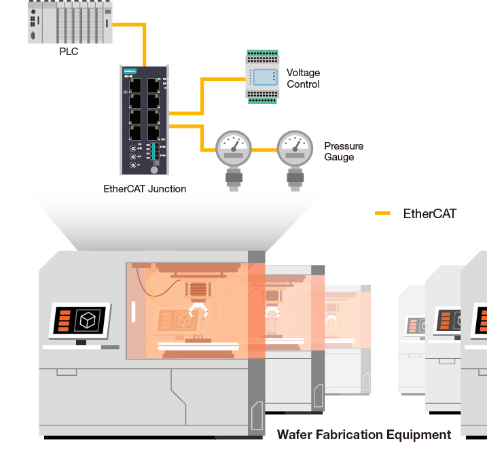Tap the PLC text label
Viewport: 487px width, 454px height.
click(69, 51)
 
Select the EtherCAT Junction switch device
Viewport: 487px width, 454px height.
click(145, 120)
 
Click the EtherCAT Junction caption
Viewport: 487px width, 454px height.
click(145, 189)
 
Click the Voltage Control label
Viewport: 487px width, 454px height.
click(303, 78)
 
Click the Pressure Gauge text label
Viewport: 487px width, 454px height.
click(343, 152)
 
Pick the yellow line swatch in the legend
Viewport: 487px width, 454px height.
click(382, 213)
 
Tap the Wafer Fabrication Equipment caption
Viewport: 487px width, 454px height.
click(363, 434)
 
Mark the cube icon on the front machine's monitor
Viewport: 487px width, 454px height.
click(87, 319)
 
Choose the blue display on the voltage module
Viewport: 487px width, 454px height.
click(263, 76)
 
